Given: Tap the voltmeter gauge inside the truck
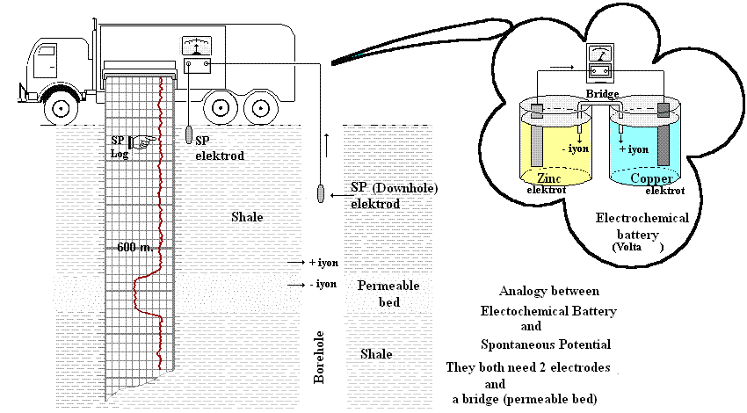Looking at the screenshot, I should pos(192,46).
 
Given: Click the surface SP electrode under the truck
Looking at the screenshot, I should pos(188,135).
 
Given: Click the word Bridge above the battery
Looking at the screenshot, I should pos(603,94).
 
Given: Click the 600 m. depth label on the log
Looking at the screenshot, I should pos(135,248).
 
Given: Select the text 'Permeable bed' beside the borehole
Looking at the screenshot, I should pos(388,293).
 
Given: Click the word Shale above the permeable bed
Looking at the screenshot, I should pos(246,216).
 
